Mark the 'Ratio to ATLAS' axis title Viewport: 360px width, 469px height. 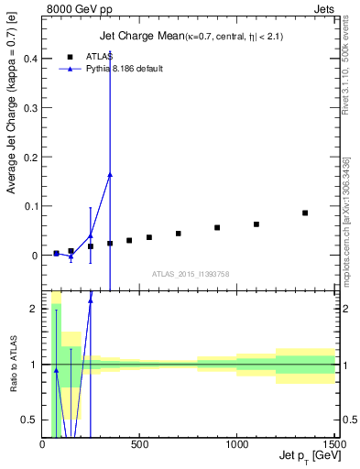pyautogui.click(x=12, y=365)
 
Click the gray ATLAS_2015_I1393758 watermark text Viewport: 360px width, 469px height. pyautogui.click(x=190, y=273)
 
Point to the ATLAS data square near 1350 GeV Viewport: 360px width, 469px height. pyautogui.click(x=305, y=213)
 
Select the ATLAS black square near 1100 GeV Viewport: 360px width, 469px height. pyautogui.click(x=256, y=224)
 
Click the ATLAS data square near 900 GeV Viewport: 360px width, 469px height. pyautogui.click(x=217, y=227)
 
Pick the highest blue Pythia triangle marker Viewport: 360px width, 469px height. pyautogui.click(x=110, y=174)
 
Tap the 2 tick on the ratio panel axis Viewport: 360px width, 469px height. pyautogui.click(x=33, y=309)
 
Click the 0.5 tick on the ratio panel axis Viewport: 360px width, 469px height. pyautogui.click(x=29, y=420)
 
